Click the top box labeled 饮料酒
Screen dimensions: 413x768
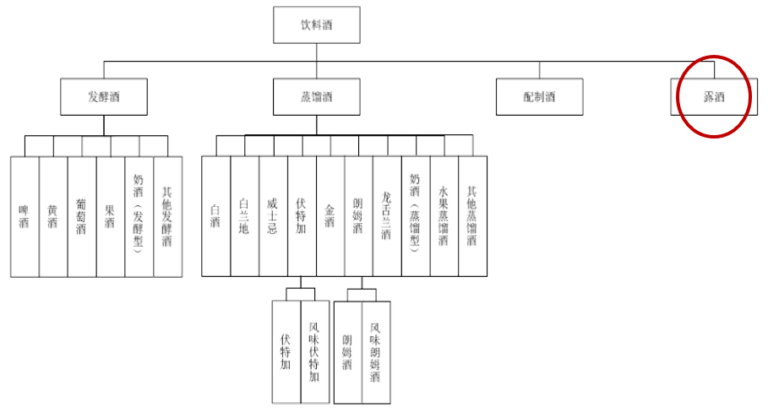tap(317, 25)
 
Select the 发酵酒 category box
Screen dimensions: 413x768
tap(103, 96)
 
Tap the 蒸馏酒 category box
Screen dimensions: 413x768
tap(317, 96)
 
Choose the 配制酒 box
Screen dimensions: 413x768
tap(539, 96)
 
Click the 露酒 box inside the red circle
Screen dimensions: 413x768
tap(714, 96)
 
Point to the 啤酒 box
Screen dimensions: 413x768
tap(25, 216)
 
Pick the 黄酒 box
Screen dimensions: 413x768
tap(53, 216)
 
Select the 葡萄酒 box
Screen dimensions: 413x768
tap(82, 216)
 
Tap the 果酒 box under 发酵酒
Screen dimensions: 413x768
tap(111, 216)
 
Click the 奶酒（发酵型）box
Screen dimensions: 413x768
tap(139, 216)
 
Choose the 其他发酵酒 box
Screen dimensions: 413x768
tap(168, 216)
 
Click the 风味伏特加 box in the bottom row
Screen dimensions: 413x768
tap(315, 351)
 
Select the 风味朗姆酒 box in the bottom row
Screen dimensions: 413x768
tap(377, 351)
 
